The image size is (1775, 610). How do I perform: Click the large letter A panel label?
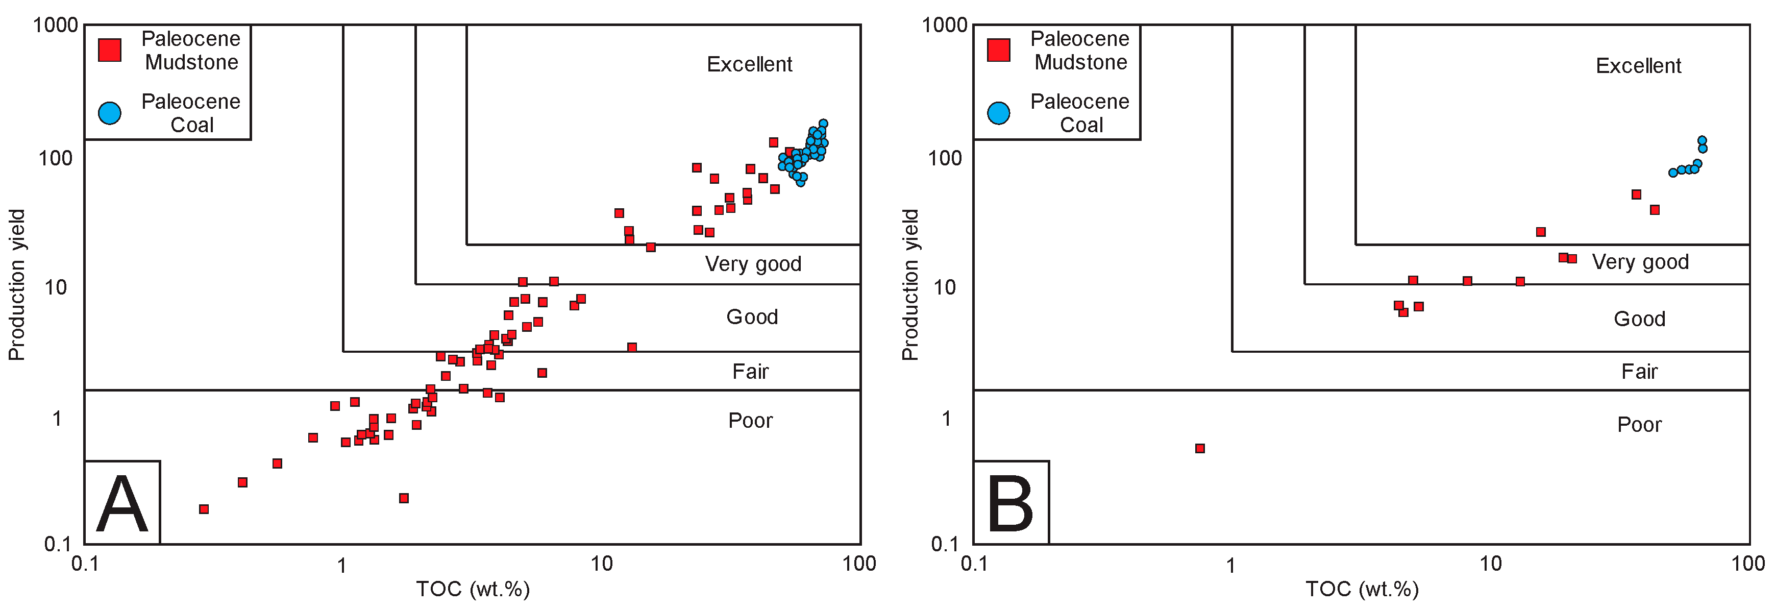click(122, 504)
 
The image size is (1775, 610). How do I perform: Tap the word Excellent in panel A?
click(749, 64)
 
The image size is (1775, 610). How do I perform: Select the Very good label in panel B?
click(1640, 262)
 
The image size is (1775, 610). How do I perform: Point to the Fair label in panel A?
click(750, 372)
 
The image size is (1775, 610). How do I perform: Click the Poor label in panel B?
click(1639, 425)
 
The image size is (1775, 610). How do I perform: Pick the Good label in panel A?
click(752, 317)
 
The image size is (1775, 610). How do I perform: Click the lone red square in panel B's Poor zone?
click(1200, 448)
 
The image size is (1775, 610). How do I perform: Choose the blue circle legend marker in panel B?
click(998, 113)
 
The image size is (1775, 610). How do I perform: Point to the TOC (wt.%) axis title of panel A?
click(473, 589)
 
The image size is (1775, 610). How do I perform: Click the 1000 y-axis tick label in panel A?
click(55, 26)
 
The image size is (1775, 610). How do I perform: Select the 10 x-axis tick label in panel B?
click(1490, 564)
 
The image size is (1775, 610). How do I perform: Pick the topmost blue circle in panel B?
click(1702, 140)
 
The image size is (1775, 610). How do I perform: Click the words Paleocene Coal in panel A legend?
click(191, 113)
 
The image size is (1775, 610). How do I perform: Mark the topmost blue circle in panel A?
click(823, 124)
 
